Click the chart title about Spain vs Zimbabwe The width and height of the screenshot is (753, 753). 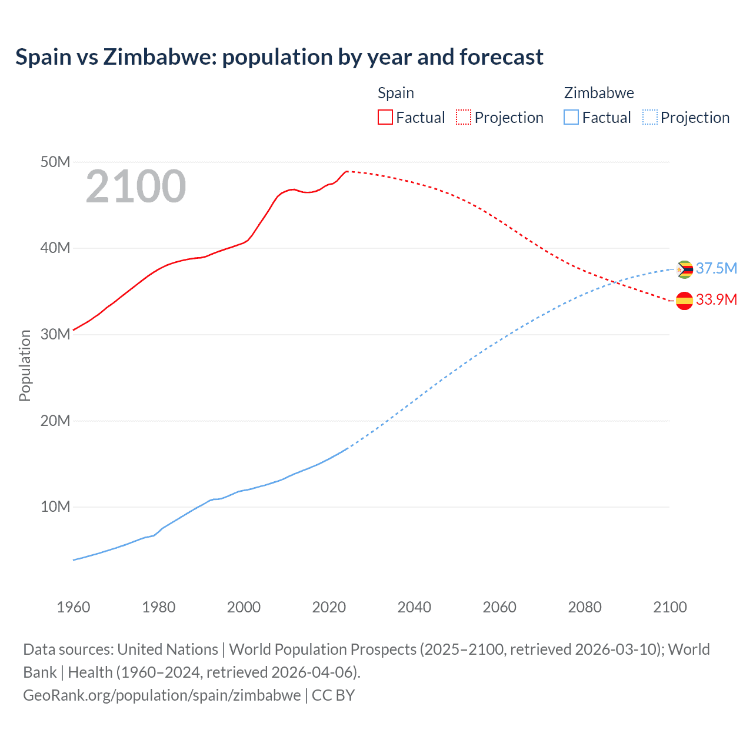[x=279, y=57]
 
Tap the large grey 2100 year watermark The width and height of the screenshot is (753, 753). [x=136, y=186]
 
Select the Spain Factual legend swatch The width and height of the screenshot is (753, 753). [x=385, y=117]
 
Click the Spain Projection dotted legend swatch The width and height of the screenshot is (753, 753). [x=464, y=117]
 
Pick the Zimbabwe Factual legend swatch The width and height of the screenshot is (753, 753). [x=571, y=117]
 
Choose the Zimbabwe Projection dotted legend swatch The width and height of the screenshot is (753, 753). [x=650, y=117]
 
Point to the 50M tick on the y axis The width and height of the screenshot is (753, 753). [x=55, y=162]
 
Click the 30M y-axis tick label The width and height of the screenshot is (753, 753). [x=55, y=334]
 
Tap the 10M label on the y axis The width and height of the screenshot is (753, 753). [x=55, y=507]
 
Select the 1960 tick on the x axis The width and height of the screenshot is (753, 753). [x=74, y=607]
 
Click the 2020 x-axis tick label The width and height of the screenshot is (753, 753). [x=329, y=607]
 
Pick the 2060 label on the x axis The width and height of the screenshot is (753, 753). [x=499, y=607]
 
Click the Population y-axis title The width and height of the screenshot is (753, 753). [x=25, y=365]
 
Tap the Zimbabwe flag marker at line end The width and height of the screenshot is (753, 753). [x=684, y=269]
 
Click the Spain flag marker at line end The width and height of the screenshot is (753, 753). [x=684, y=301]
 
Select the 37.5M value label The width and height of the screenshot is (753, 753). [x=716, y=269]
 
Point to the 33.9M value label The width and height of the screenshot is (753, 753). [x=716, y=300]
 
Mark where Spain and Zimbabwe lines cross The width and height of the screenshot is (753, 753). [x=615, y=282]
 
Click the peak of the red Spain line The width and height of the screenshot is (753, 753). [x=346, y=171]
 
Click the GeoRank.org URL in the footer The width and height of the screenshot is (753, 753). [x=162, y=695]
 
